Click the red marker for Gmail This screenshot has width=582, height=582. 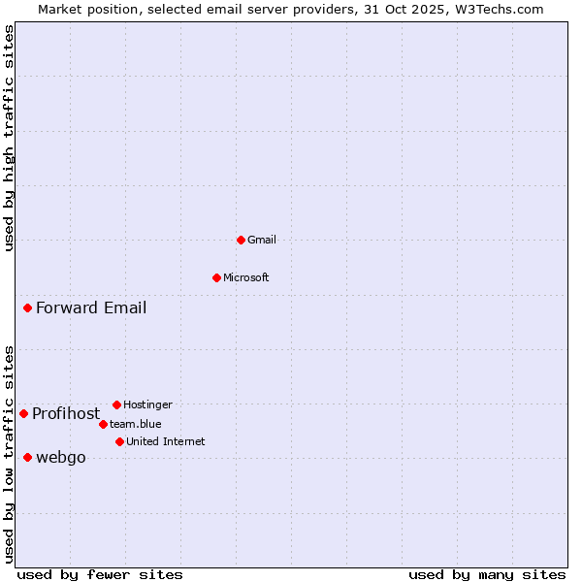click(x=241, y=240)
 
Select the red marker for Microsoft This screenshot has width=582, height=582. click(x=216, y=277)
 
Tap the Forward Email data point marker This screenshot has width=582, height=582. click(x=27, y=308)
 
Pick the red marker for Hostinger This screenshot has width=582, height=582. click(x=116, y=404)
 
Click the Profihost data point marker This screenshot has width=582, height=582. click(x=23, y=413)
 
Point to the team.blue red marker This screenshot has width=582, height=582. click(x=103, y=424)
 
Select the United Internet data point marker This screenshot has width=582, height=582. click(x=119, y=441)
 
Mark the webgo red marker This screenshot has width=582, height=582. click(x=27, y=457)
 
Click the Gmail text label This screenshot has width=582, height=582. click(x=261, y=240)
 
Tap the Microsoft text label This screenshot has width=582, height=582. click(x=245, y=277)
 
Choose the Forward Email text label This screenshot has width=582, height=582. click(x=91, y=308)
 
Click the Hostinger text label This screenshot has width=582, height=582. click(x=147, y=404)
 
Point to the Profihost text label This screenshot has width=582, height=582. click(x=66, y=413)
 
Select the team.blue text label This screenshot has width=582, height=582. click(x=135, y=424)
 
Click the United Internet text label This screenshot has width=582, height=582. click(x=165, y=441)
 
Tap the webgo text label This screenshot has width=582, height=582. click(x=60, y=458)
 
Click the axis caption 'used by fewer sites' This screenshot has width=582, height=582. click(x=100, y=574)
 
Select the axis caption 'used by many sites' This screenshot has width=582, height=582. click(x=487, y=574)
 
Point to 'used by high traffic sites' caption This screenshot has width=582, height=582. click(x=9, y=138)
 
